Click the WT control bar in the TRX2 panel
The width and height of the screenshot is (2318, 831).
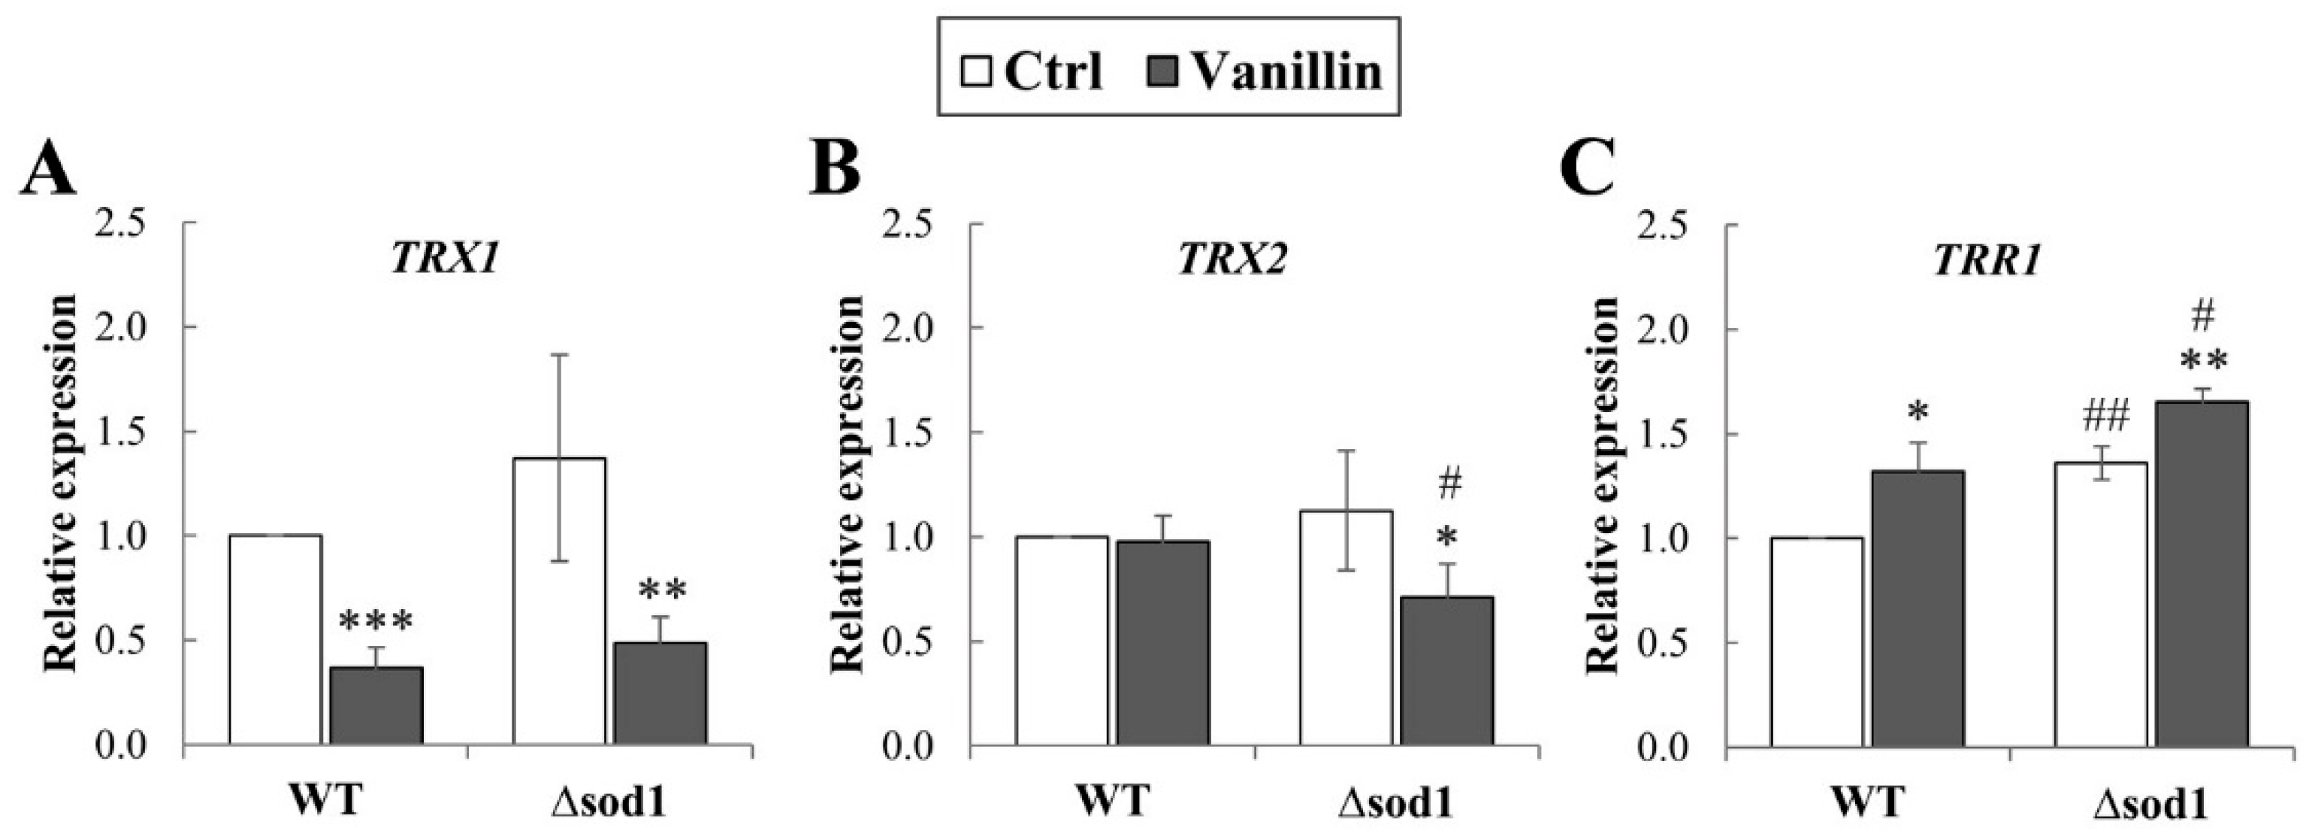(1062, 640)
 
